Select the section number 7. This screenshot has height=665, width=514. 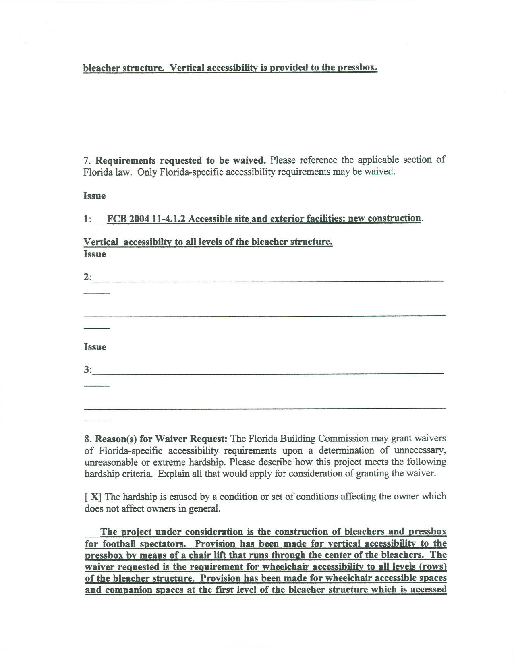86,160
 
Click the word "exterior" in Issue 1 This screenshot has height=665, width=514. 287,219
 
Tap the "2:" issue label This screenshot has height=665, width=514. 87,278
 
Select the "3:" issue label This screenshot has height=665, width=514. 87,370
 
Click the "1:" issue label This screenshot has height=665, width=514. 87,219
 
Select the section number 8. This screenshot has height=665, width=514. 87,439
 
